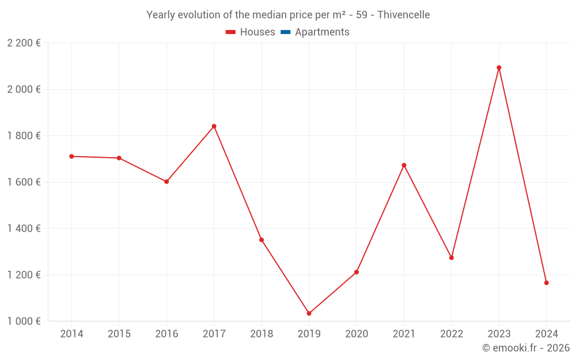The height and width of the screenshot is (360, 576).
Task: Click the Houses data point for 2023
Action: (499, 67)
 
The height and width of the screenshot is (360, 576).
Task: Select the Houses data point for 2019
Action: (309, 313)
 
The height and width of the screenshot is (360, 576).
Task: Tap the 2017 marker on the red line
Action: (214, 126)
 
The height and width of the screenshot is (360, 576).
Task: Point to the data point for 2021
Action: (404, 165)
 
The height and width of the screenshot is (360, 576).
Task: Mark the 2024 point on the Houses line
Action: (546, 283)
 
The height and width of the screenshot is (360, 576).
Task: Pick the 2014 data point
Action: (71, 156)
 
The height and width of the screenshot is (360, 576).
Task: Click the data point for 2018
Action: (262, 240)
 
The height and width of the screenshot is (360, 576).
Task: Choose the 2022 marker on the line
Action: (451, 257)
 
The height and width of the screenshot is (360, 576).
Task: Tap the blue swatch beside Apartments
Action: (285, 32)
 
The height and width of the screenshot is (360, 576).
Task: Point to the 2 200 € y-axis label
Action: (24, 43)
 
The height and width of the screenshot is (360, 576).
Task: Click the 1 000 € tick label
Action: (24, 321)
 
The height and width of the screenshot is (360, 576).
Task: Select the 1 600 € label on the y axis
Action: (24, 182)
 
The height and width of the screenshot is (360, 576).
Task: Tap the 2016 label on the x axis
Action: (166, 334)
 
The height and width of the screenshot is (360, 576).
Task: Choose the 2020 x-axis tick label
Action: (356, 334)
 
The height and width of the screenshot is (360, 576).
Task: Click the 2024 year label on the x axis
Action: (546, 334)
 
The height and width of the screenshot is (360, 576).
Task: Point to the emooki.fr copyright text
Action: (525, 348)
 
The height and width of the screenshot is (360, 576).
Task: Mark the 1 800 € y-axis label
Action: (24, 136)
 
